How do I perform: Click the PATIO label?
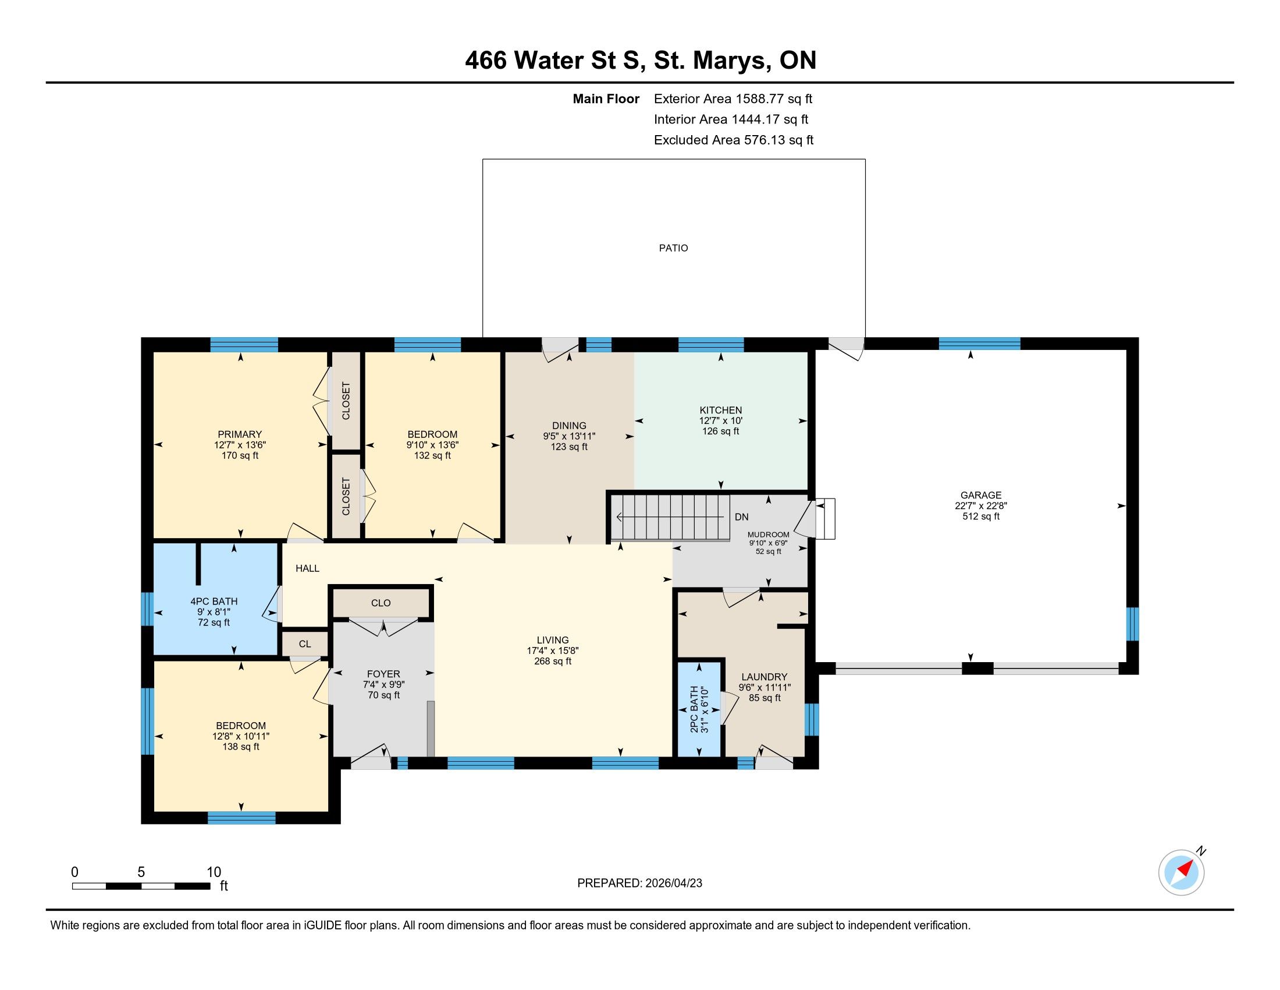pos(673,248)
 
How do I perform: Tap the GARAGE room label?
pos(980,496)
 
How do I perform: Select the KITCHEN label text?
pos(721,411)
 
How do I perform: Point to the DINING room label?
pos(569,426)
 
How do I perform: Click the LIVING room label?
pos(553,641)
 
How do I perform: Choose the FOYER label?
pos(384,674)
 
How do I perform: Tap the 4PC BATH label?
pos(214,601)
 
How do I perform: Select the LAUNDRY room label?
pos(765,677)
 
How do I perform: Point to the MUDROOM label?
pos(769,535)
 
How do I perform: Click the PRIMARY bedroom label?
pos(240,434)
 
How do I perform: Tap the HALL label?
pos(307,568)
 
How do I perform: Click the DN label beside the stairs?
pos(741,517)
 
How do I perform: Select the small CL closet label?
pos(305,644)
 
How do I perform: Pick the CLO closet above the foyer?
pos(381,603)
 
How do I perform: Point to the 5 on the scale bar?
pos(141,872)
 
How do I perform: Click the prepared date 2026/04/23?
pos(673,883)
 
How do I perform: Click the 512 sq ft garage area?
pos(980,517)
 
